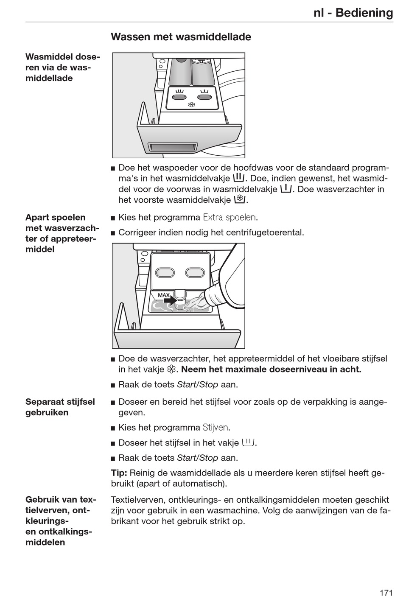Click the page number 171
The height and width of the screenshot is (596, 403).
(x=386, y=581)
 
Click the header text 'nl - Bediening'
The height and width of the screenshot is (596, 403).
(x=353, y=13)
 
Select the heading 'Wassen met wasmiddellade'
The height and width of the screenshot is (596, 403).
(x=181, y=37)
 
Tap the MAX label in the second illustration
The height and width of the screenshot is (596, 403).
(x=164, y=295)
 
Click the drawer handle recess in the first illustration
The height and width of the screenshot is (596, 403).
(x=173, y=147)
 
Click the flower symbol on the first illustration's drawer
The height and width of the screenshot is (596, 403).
(x=191, y=105)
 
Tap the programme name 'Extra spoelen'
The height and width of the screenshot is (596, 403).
(x=229, y=218)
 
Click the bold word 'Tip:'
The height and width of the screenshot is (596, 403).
(x=119, y=473)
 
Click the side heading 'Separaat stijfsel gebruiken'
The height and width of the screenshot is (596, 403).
(x=60, y=407)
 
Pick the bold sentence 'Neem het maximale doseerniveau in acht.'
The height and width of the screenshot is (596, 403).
(x=271, y=369)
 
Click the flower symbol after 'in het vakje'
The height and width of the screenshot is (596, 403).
(x=171, y=369)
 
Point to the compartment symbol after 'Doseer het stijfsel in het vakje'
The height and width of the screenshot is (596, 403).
(x=248, y=442)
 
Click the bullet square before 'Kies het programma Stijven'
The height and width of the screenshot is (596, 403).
(x=113, y=428)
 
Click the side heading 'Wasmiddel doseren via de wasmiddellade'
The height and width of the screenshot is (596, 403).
(x=63, y=67)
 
